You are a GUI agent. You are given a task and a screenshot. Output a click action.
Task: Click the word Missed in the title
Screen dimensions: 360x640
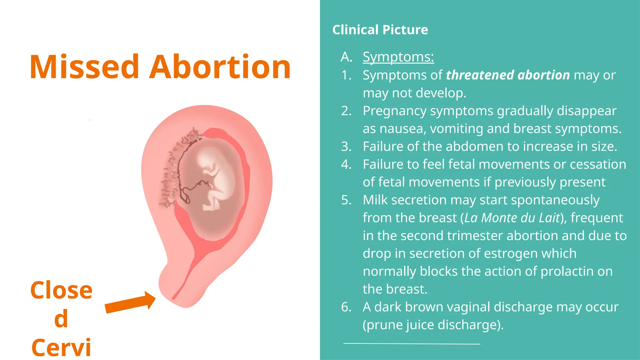(84, 67)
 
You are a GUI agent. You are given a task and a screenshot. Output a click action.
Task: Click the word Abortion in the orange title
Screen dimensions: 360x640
(220, 67)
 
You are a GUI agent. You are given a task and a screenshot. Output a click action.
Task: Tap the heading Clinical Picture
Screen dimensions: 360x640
(380, 30)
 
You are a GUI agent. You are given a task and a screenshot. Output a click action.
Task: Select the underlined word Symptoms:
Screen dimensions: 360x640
(398, 57)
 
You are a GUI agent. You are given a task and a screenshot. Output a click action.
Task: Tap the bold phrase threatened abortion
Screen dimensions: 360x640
(508, 75)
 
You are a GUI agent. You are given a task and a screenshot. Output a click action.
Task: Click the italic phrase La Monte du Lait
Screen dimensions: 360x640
(512, 218)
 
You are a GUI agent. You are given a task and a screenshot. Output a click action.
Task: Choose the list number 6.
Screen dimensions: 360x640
(346, 307)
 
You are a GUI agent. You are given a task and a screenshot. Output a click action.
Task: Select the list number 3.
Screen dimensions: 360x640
(346, 147)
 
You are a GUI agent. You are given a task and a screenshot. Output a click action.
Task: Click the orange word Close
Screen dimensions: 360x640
(61, 290)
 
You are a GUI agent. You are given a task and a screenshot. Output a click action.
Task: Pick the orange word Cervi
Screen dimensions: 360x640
(61, 347)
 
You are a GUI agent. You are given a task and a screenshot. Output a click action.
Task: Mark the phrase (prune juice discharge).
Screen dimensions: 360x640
(433, 325)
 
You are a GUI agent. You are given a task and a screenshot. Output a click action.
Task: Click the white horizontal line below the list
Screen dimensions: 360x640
(412, 344)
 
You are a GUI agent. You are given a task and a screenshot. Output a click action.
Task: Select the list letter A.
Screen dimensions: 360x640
(346, 57)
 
